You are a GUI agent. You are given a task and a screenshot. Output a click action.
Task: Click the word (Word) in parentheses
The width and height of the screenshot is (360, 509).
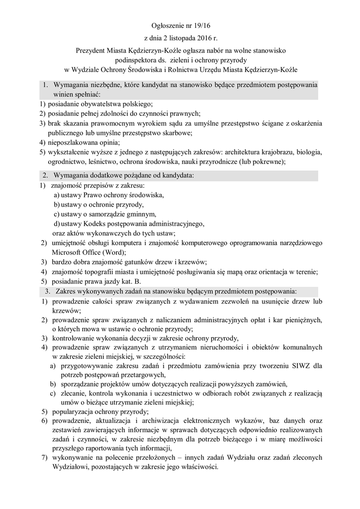click(114, 252)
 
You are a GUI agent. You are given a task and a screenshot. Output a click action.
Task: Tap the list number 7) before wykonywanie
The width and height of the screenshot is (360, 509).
click(44, 458)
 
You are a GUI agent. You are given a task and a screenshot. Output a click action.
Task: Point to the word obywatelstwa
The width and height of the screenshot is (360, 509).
click(101, 104)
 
